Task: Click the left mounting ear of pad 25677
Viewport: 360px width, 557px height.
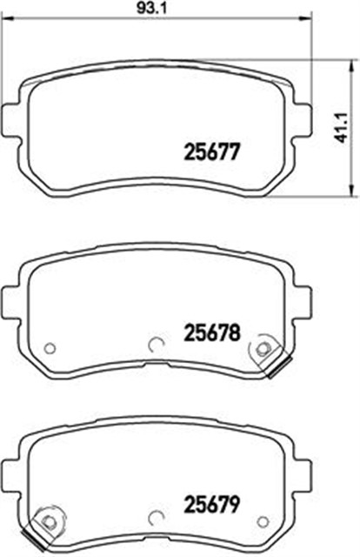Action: (x=12, y=116)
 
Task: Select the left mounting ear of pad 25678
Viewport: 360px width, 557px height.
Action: (x=12, y=297)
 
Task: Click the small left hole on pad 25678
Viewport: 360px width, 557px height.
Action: (x=50, y=348)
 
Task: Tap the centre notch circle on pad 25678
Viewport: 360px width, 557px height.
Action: (x=157, y=342)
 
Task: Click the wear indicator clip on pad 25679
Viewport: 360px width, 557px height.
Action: (x=43, y=527)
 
